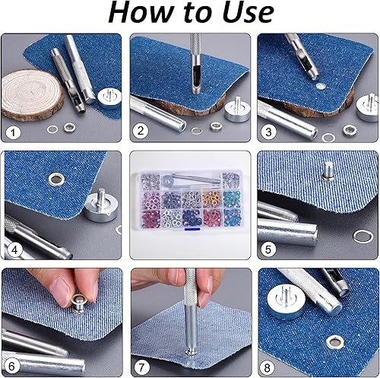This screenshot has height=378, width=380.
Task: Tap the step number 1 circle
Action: [x=13, y=132]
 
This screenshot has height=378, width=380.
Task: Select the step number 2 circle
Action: [x=141, y=131]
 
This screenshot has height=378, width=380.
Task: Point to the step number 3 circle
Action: [x=268, y=132]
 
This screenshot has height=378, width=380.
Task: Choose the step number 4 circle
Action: [x=14, y=250]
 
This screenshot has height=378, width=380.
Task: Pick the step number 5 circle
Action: [x=268, y=249]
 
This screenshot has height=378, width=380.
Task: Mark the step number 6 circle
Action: [x=11, y=367]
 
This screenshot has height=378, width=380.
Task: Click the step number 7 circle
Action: [x=141, y=367]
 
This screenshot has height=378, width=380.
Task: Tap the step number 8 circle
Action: [x=268, y=367]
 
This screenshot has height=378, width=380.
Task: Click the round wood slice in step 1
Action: [x=32, y=95]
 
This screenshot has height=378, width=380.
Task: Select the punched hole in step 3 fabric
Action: [x=321, y=87]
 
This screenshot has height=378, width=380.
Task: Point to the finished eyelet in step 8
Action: [x=335, y=341]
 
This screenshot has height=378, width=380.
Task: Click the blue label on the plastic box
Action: [x=192, y=229]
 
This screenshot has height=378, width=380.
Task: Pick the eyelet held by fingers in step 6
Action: [x=78, y=303]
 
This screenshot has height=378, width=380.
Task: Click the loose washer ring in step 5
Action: [x=363, y=237]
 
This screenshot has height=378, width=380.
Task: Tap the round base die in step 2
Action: [x=235, y=110]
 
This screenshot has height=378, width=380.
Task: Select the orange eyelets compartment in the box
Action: [x=212, y=199]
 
